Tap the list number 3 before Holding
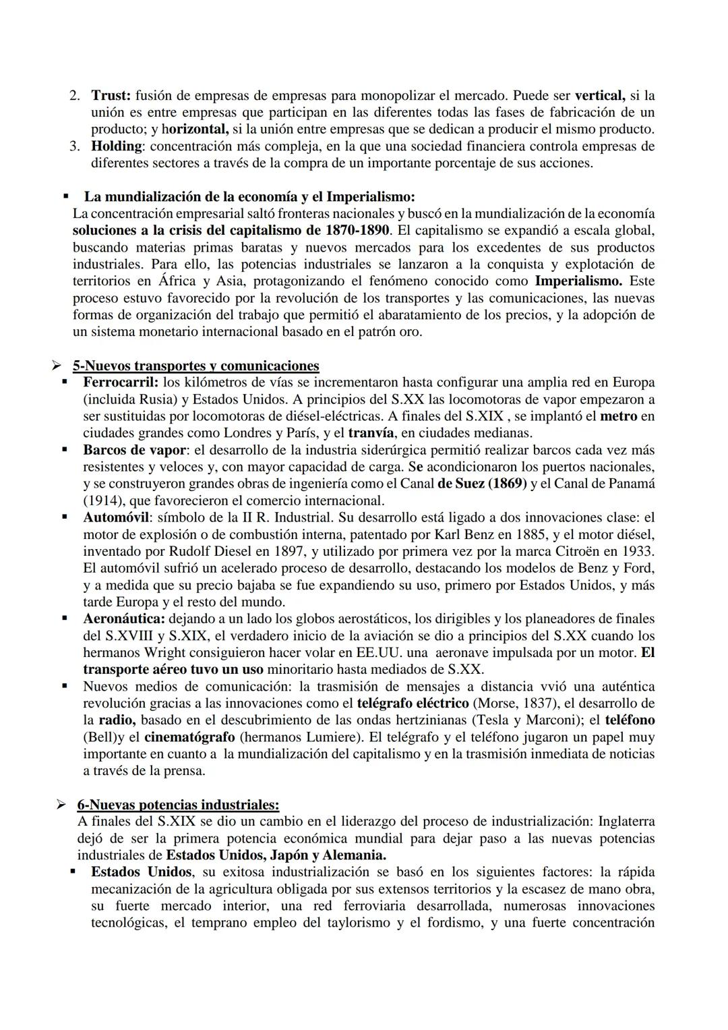[75, 146]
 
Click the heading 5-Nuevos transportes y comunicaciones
[195, 366]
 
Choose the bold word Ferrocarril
[120, 383]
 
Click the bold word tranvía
[371, 433]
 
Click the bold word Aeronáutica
[124, 619]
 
